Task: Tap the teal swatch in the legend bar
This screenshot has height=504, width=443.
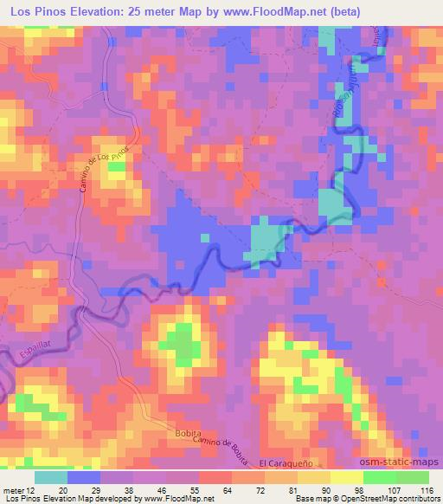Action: (51, 477)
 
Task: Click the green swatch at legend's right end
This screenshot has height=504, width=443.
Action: (412, 477)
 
